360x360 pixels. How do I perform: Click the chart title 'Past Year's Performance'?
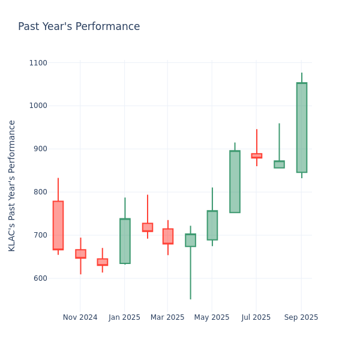[x=79, y=27]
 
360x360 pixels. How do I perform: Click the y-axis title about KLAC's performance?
[x=13, y=185]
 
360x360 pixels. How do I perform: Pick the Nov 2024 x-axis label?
[x=80, y=317]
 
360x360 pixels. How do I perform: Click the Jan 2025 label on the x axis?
[x=124, y=317]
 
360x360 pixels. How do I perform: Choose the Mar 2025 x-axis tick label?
[x=167, y=317]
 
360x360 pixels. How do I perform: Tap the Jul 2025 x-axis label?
[x=256, y=317]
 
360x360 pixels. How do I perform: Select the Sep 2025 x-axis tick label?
[x=301, y=317]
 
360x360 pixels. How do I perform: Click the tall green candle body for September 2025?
[x=301, y=127]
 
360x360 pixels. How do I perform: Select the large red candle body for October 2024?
[x=58, y=225]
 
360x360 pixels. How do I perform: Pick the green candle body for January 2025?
[x=125, y=241]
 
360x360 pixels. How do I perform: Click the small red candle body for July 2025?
[x=256, y=155]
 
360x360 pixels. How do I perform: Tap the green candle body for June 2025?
[x=235, y=181]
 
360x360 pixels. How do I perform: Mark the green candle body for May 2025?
[x=212, y=225]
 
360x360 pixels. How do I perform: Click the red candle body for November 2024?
[x=80, y=254]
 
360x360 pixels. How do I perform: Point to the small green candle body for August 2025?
[x=279, y=164]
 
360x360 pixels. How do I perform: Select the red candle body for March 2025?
[x=168, y=236]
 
